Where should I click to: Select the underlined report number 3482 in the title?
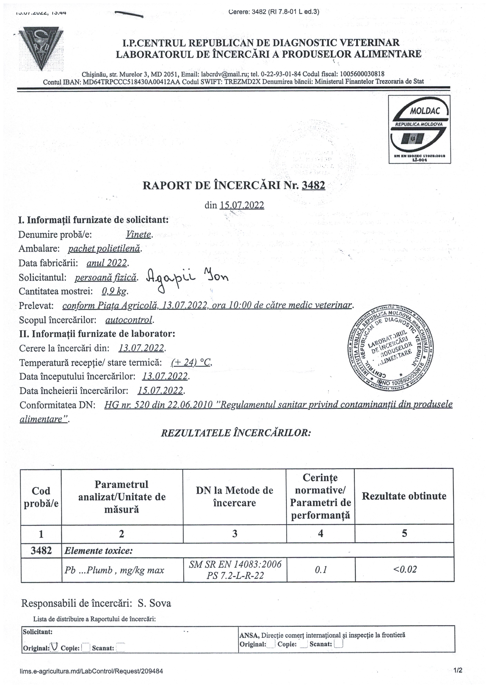pyautogui.click(x=313, y=186)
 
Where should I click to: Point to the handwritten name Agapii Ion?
pyautogui.click(x=187, y=279)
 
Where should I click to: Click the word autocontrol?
pyautogui.click(x=129, y=320)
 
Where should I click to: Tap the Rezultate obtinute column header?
pyautogui.click(x=404, y=496)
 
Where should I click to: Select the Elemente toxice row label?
pyautogui.click(x=99, y=551)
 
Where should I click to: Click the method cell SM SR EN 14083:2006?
pyautogui.click(x=235, y=564)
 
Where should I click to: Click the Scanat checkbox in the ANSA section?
pyautogui.click(x=339, y=644)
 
